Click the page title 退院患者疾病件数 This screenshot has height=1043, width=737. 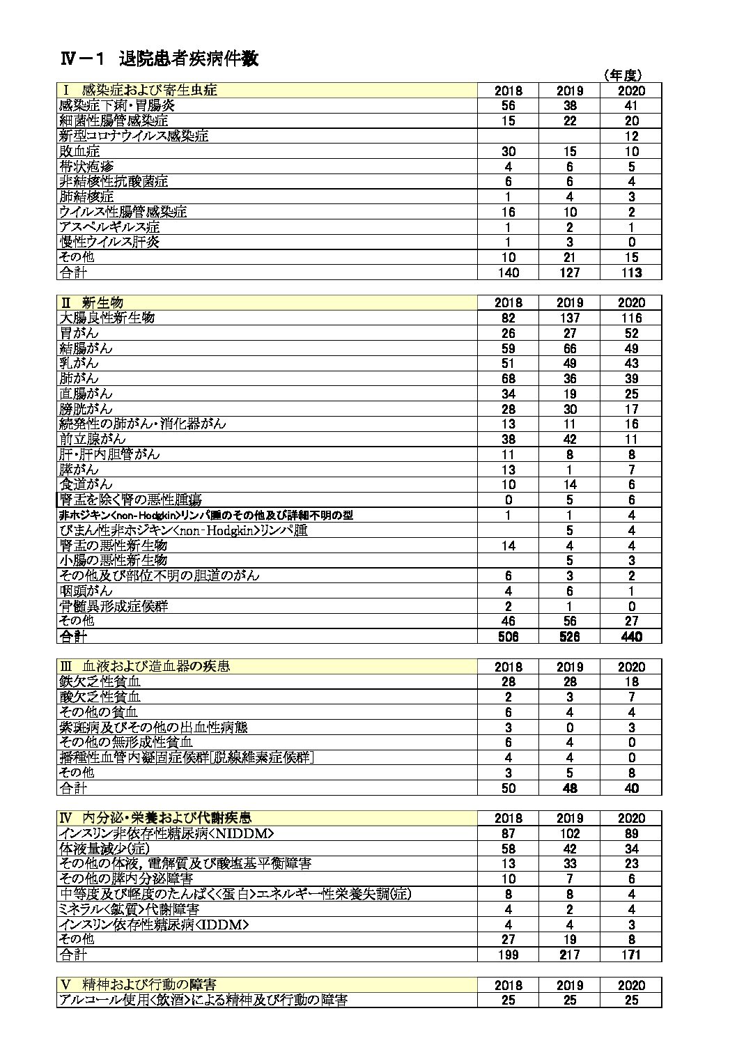[189, 59]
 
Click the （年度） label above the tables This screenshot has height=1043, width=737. [622, 75]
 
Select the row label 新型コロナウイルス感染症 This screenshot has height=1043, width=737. [134, 136]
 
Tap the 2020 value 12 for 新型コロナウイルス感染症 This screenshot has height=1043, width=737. [631, 136]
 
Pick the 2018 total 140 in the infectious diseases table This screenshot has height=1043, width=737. [509, 272]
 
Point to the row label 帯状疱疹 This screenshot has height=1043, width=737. [80, 167]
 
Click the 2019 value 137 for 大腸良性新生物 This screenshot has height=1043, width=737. [570, 318]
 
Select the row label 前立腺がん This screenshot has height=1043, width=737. [93, 439]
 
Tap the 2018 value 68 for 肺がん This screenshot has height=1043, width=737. [509, 378]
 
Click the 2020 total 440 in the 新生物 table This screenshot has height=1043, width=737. [631, 636]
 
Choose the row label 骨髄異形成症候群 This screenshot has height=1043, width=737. [114, 606]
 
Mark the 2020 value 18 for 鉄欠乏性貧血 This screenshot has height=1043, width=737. [631, 682]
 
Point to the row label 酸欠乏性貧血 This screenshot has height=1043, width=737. [100, 697]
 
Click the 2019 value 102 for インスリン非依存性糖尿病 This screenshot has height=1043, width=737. [570, 834]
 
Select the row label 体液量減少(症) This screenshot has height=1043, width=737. [104, 849]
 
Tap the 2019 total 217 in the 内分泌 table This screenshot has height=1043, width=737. [570, 955]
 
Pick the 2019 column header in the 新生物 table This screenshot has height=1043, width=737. [570, 303]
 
